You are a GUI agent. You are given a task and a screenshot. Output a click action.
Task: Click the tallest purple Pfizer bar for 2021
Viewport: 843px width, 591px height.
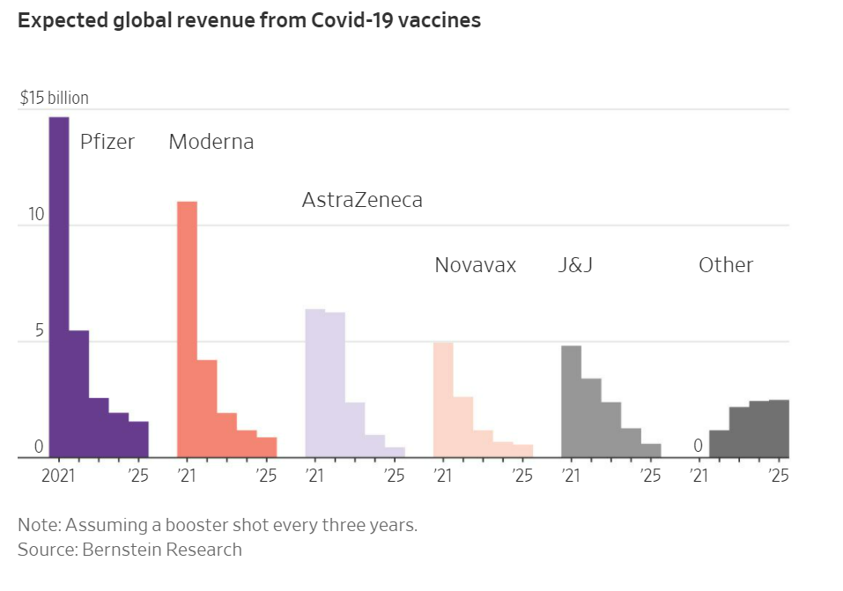click(59, 286)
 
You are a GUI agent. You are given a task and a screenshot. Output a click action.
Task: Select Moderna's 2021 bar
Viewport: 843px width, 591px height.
click(187, 329)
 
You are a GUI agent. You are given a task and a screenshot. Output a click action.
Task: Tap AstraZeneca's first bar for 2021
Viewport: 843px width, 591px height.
click(314, 383)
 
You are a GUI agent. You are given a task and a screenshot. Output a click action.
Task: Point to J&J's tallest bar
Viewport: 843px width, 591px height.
click(571, 401)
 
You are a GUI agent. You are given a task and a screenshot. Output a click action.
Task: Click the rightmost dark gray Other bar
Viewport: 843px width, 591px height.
click(779, 429)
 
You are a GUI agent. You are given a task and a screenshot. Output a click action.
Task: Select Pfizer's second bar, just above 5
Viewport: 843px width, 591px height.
click(79, 394)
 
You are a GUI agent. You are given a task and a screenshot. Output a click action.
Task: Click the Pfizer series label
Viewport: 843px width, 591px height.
click(107, 142)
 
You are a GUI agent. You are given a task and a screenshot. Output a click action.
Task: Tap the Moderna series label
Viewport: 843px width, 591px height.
click(211, 142)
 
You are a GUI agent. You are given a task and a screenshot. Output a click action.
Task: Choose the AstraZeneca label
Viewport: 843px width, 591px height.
click(362, 200)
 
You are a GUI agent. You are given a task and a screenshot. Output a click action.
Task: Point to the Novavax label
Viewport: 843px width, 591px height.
click(475, 265)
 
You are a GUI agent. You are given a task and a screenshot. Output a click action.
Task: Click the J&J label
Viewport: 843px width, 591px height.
click(575, 265)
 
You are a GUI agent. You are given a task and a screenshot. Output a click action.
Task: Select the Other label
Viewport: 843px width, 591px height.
click(726, 265)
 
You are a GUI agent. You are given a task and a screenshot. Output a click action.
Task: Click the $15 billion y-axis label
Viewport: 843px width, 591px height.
click(55, 98)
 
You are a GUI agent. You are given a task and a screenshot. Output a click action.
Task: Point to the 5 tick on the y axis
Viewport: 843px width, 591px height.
click(38, 331)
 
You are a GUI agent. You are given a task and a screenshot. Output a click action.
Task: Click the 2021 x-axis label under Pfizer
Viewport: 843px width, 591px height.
click(59, 476)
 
